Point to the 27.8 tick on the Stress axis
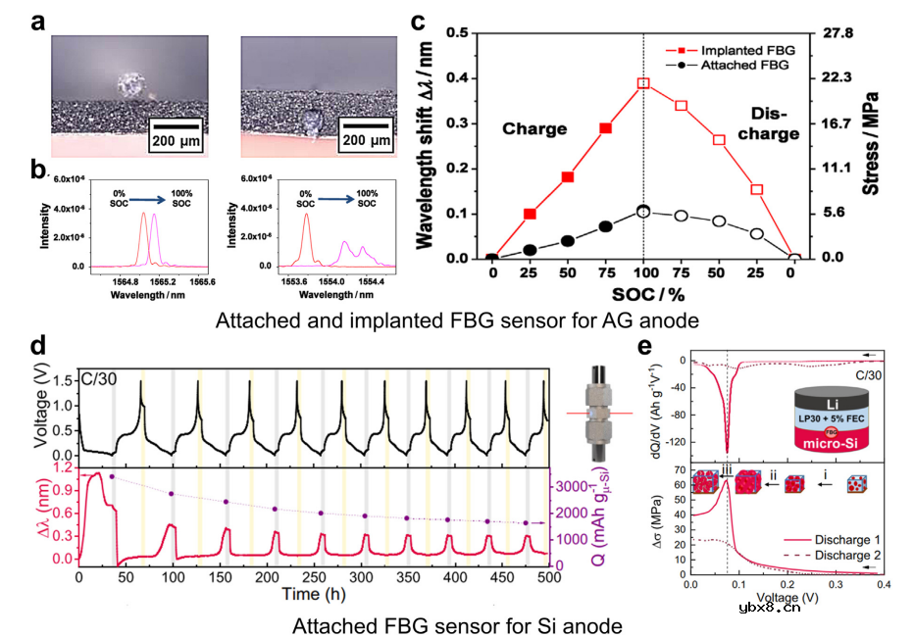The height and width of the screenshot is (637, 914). point(841,33)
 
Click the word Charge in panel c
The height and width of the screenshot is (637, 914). point(534,128)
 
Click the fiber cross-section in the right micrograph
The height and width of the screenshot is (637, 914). point(313,122)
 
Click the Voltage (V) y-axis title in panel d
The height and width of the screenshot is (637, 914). point(40,412)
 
